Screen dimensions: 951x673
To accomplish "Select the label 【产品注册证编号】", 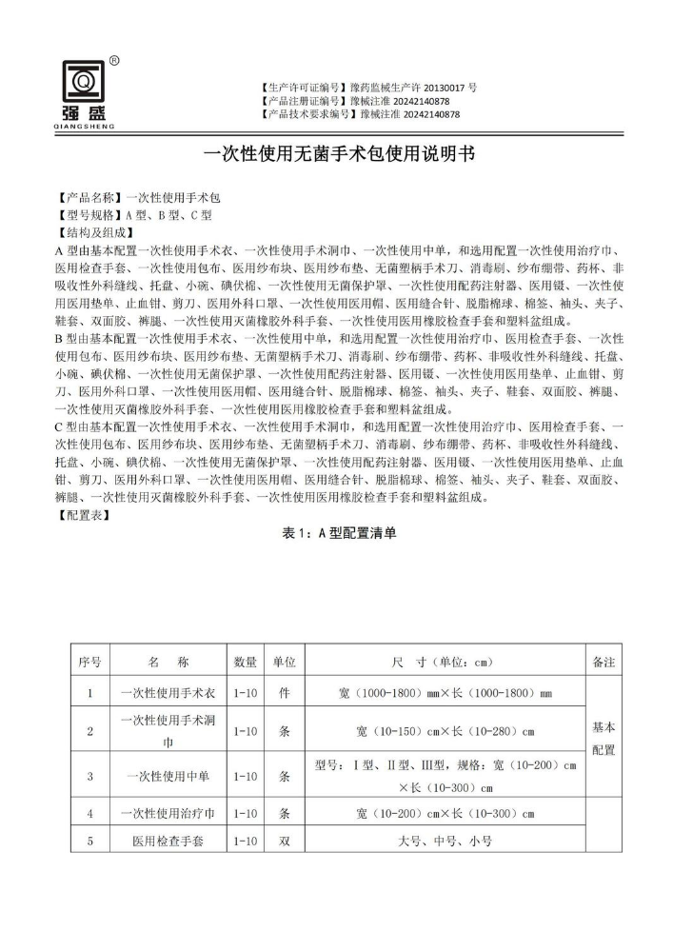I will pyautogui.click(x=303, y=100).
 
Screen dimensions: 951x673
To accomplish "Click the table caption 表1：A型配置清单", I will pyautogui.click(x=339, y=534).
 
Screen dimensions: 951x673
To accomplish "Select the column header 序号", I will pyautogui.click(x=90, y=661).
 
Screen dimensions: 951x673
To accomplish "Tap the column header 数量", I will pyautogui.click(x=245, y=661).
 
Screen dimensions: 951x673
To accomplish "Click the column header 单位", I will pyautogui.click(x=284, y=661).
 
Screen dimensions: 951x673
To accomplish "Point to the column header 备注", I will pyautogui.click(x=604, y=661).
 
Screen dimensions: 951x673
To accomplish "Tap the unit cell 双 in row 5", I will pyautogui.click(x=284, y=842).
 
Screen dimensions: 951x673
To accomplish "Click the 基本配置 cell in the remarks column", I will pyautogui.click(x=604, y=738).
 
